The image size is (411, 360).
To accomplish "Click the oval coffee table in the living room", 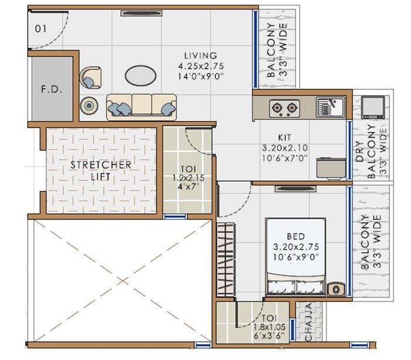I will pyautogui.click(x=141, y=76).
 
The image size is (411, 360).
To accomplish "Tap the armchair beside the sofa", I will pyautogui.click(x=90, y=77).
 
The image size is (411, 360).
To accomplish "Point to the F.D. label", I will pyautogui.click(x=52, y=91).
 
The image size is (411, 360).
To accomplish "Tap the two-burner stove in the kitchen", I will pyautogui.click(x=284, y=107).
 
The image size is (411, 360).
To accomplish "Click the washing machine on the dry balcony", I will pyautogui.click(x=373, y=107).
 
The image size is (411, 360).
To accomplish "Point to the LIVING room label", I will pyautogui.click(x=200, y=56).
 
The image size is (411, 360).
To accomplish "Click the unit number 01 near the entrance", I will pyautogui.click(x=41, y=28).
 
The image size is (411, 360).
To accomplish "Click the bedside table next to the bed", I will pyautogui.click(x=336, y=288).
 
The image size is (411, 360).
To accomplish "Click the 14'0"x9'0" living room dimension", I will pyautogui.click(x=200, y=76).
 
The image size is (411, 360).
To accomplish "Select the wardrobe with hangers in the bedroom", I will pyautogui.click(x=225, y=260).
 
